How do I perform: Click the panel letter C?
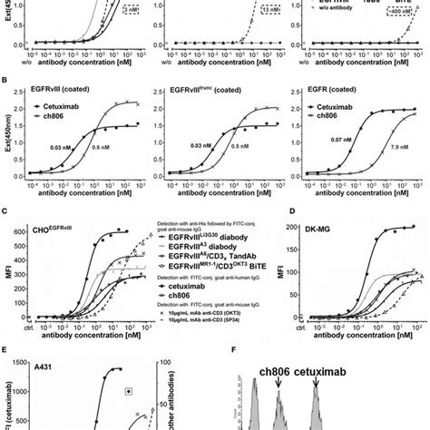[x=6, y=211]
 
